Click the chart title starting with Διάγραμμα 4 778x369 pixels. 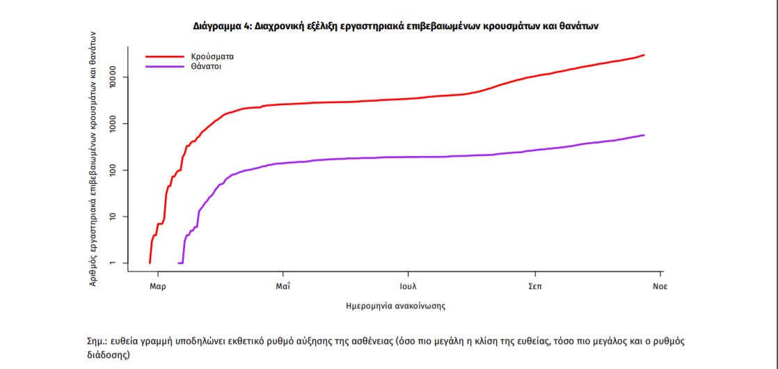[x=395, y=26]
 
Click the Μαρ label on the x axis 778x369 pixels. [x=157, y=286]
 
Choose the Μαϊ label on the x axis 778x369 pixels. [x=283, y=286]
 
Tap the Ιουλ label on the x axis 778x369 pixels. [x=408, y=286]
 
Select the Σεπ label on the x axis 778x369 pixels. [x=534, y=286]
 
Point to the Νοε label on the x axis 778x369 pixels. [x=660, y=286]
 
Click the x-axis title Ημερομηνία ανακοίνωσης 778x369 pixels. [x=395, y=306]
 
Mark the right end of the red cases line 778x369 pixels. [x=644, y=55]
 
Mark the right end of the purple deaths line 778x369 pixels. [x=644, y=135]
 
